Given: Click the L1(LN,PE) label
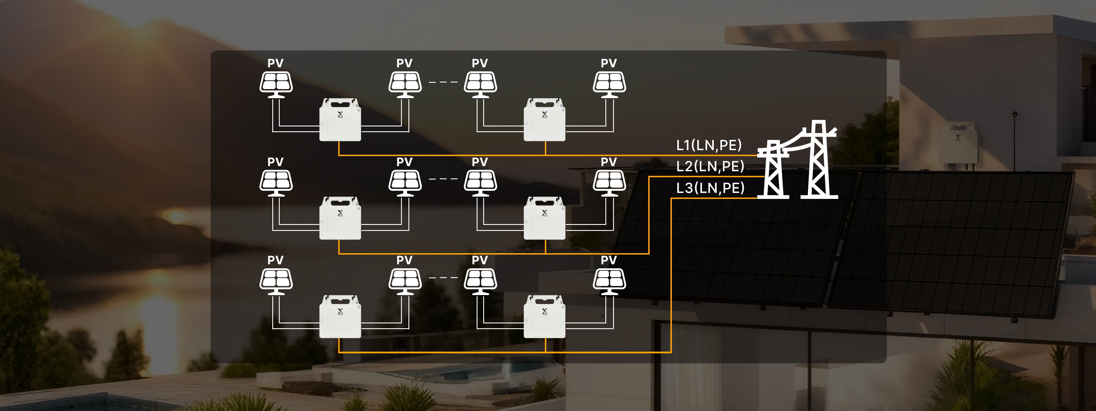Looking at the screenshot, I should (709, 145).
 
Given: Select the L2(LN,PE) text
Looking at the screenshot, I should (710, 166).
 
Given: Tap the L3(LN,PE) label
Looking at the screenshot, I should (710, 188).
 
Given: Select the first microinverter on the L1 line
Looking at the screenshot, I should (340, 120).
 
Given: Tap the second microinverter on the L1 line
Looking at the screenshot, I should (544, 120).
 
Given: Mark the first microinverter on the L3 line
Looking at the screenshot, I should (340, 317).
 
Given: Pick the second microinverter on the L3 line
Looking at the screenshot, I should (544, 317).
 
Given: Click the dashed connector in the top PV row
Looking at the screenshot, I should (443, 82).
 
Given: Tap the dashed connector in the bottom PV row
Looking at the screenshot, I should (443, 277).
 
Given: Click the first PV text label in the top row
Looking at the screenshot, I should (275, 63).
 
